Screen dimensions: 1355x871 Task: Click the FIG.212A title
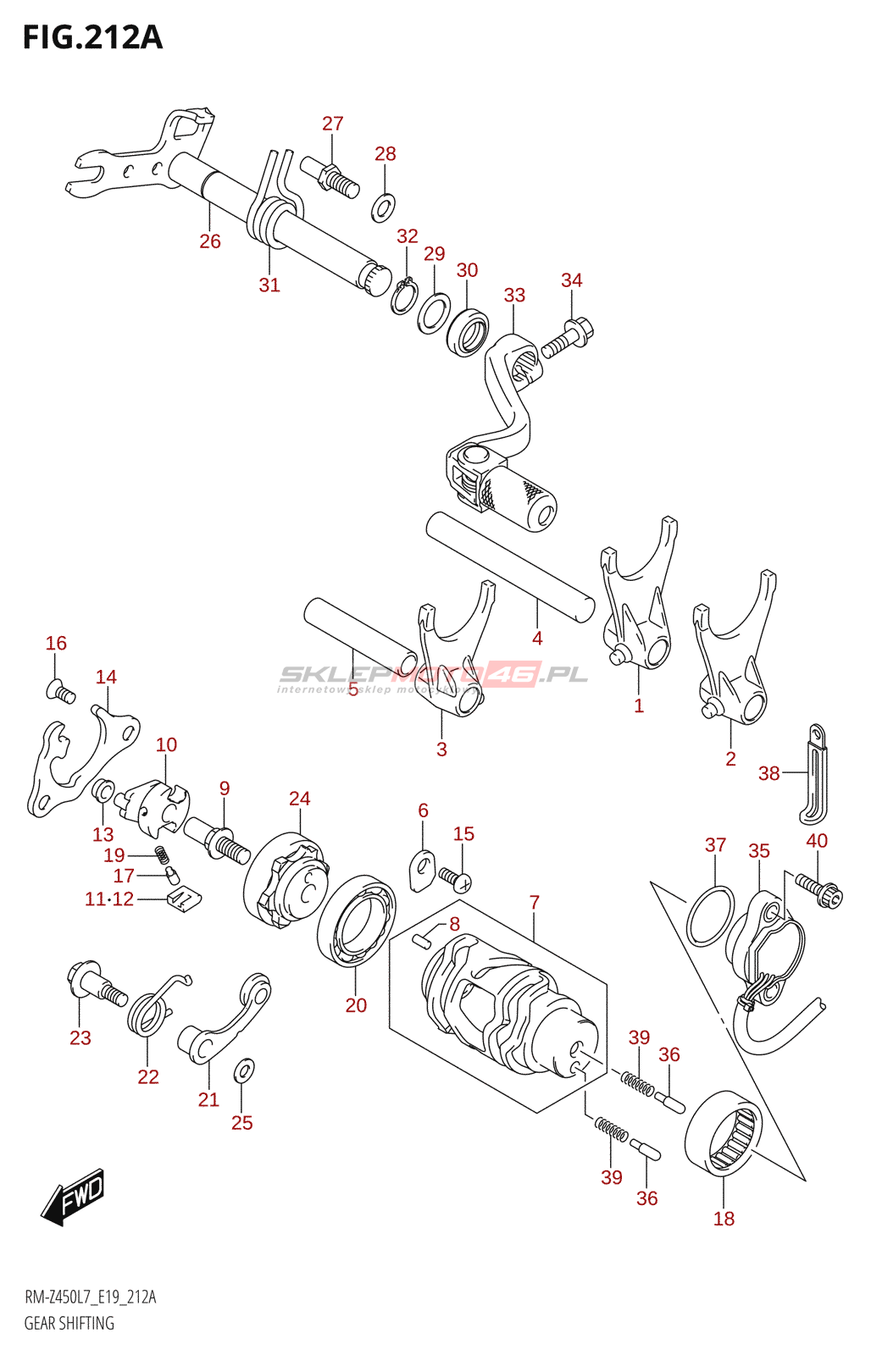[x=92, y=37]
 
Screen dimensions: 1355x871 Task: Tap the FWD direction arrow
[x=75, y=1197]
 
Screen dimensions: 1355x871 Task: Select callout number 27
[x=333, y=124]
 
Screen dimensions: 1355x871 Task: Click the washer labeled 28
[x=384, y=206]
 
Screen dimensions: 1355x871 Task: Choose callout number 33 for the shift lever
[x=514, y=296]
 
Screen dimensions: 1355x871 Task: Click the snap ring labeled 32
[x=403, y=296]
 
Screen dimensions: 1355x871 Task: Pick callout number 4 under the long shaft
[x=537, y=639]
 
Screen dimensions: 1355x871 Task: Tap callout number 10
[x=166, y=745]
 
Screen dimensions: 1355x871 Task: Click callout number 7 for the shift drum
[x=535, y=903]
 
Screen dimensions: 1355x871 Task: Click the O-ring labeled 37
[x=710, y=916]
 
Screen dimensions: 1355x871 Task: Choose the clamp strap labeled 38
[x=813, y=772]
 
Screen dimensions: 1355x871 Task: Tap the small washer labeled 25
[x=243, y=1070]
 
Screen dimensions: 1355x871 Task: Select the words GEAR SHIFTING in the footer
[x=69, y=1323]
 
